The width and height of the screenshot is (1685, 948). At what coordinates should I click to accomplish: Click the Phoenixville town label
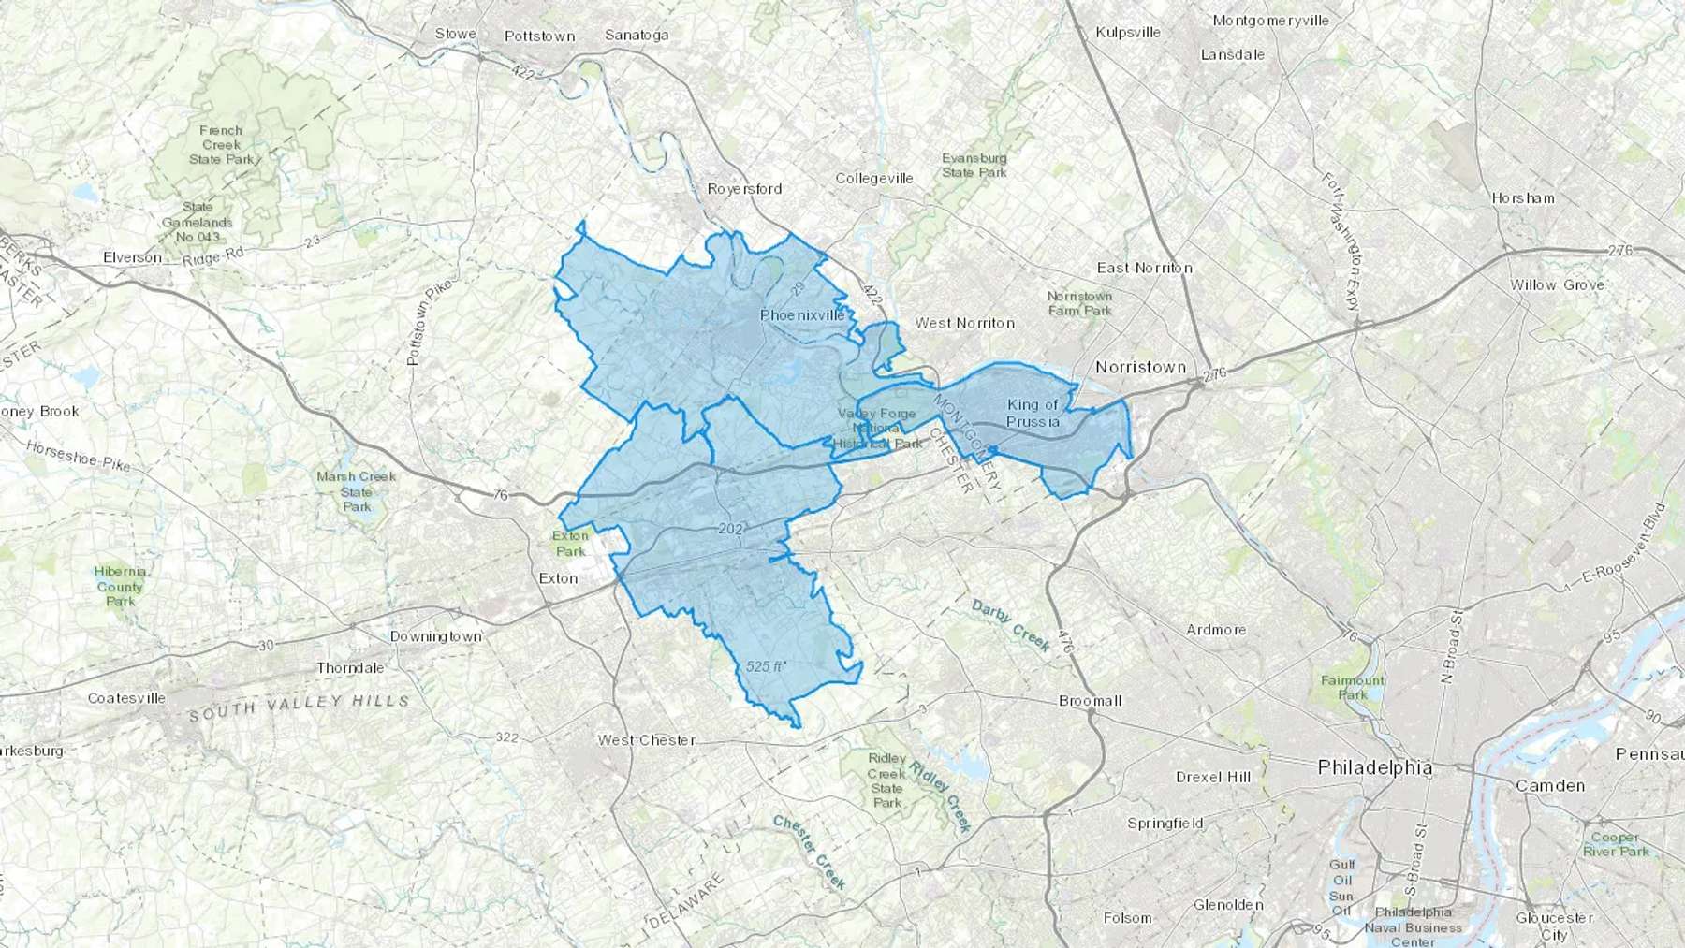802,315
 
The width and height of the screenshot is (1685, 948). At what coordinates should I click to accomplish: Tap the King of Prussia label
1033,413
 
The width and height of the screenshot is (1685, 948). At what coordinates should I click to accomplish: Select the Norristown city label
1140,367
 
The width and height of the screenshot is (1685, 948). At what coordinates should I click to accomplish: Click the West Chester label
646,739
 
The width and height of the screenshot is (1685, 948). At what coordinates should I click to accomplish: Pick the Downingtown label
435,636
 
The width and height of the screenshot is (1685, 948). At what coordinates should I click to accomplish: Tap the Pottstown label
539,36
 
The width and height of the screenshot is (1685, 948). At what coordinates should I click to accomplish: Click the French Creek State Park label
221,145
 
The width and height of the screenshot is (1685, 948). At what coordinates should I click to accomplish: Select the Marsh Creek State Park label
356,491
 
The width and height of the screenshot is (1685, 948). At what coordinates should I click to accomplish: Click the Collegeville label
873,178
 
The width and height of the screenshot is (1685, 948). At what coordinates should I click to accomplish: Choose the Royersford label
744,188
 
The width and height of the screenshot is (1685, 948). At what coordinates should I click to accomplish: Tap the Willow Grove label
1557,284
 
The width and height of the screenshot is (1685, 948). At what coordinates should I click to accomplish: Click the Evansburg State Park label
974,165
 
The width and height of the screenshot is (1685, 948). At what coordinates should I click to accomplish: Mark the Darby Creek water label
1011,625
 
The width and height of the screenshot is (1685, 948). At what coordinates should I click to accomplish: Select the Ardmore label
1216,630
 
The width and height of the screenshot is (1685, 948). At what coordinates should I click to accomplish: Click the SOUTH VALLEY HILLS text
299,707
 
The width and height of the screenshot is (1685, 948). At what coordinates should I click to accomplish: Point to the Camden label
1550,785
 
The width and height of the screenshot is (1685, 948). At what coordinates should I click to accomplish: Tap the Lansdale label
1232,54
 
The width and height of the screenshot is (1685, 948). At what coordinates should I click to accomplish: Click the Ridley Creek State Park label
886,780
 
